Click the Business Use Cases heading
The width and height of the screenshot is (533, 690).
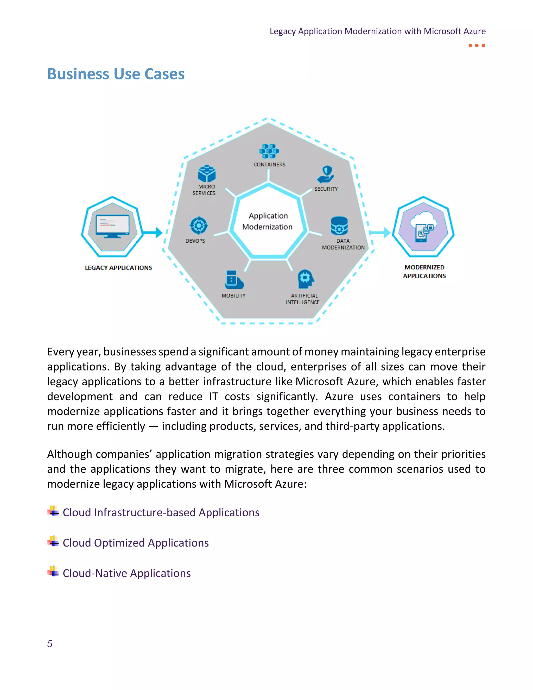coord(116,74)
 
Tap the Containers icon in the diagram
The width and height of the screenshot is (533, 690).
coord(269,151)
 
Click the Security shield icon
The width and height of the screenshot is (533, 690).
coord(326,174)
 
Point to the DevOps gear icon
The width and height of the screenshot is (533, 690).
coord(198,225)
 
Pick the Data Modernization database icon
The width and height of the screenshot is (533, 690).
coord(339,225)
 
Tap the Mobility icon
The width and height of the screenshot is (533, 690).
coord(234,280)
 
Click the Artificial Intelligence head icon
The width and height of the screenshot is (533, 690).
coord(305,279)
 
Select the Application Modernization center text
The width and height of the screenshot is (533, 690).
coord(268,221)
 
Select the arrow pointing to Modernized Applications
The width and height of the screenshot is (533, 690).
coord(380,233)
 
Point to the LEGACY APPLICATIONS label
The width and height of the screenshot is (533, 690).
coord(118,268)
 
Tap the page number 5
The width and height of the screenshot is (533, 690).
coord(50,644)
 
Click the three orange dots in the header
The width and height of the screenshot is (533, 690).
coord(477,46)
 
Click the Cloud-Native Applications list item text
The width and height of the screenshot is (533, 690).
coord(127,573)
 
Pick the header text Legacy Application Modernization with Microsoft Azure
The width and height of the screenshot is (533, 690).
coord(377,31)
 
